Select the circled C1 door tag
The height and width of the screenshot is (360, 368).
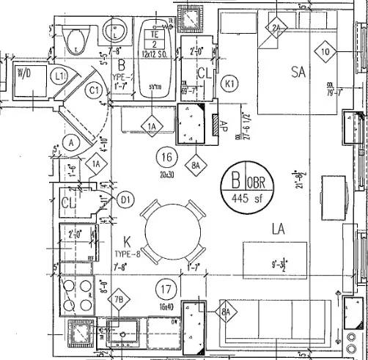click(95, 90)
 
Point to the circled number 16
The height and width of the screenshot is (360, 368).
click(166, 157)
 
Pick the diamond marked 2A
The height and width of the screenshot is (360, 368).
click(276, 29)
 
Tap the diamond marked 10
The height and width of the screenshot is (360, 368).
click(326, 51)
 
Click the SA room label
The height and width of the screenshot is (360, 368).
click(298, 72)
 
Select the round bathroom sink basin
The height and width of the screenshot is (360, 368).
click(116, 32)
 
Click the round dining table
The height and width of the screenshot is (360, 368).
click(170, 233)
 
